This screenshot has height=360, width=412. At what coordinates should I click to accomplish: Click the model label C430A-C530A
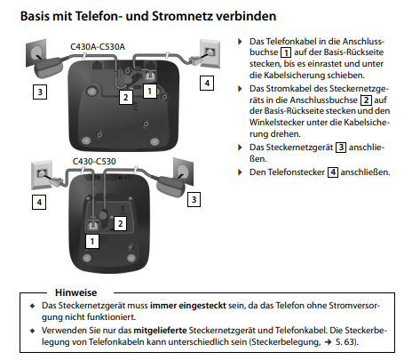click(x=98, y=47)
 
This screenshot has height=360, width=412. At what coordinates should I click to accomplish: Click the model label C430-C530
click(x=94, y=162)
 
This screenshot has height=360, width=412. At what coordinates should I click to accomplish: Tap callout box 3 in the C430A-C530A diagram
click(x=40, y=92)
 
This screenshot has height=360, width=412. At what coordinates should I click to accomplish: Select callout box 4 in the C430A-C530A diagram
click(x=207, y=84)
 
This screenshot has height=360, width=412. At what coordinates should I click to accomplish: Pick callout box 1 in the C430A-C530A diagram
click(x=150, y=92)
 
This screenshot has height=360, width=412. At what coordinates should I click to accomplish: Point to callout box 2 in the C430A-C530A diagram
click(x=126, y=97)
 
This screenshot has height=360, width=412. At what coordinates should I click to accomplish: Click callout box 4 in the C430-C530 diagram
click(x=39, y=203)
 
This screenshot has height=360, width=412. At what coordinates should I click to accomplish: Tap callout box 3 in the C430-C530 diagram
click(x=194, y=199)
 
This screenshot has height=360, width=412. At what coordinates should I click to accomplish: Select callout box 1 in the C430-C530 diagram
click(x=92, y=241)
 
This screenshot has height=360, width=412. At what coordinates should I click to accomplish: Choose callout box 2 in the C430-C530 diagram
click(x=120, y=223)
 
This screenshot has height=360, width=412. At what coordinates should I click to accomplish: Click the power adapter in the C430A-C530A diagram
click(x=49, y=68)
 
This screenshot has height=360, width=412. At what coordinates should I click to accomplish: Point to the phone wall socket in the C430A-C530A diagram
click(x=210, y=54)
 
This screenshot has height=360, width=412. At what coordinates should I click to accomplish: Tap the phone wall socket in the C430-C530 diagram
click(x=42, y=175)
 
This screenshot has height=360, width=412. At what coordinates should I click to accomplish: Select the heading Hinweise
click(x=76, y=292)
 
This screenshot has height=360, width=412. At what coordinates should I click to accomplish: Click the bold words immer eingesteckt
click(x=188, y=306)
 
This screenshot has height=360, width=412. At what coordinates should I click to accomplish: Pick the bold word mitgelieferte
click(x=160, y=330)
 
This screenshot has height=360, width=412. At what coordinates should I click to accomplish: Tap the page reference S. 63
click(x=345, y=342)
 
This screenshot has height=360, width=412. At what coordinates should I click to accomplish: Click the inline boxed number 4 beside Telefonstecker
click(x=333, y=172)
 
